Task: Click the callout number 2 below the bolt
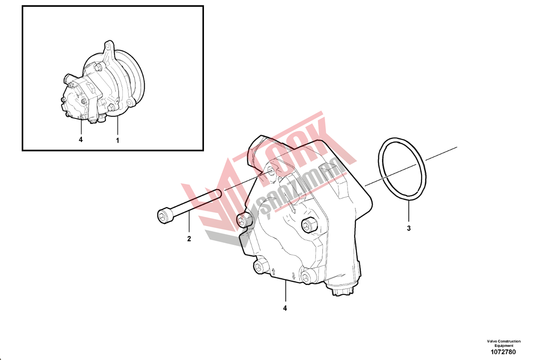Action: (189, 239)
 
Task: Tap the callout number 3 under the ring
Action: (409, 228)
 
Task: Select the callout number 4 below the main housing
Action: (285, 308)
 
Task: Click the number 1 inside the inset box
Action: (118, 141)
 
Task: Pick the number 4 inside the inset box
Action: (81, 140)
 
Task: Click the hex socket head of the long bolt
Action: (163, 216)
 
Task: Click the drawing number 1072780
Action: (503, 352)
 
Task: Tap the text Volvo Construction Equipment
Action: (504, 343)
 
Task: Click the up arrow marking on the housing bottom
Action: (273, 272)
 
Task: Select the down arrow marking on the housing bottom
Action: (293, 275)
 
